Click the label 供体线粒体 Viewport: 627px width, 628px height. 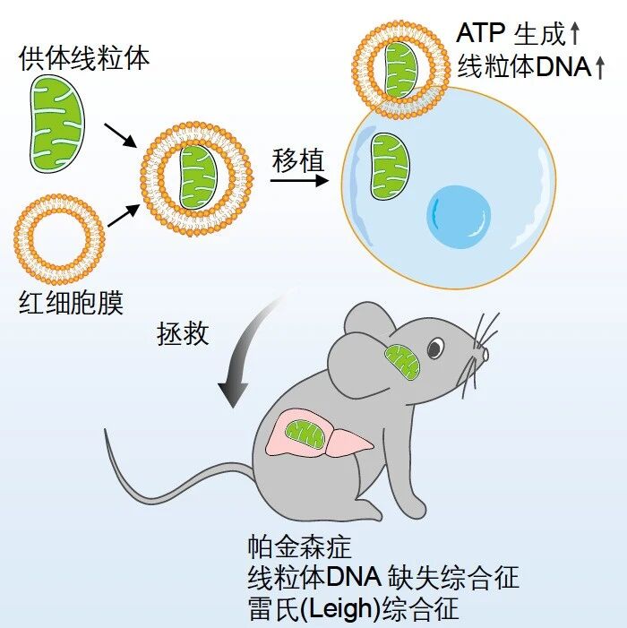tap(84, 58)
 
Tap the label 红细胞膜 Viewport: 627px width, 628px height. tap(71, 303)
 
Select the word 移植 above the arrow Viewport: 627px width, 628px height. tap(298, 161)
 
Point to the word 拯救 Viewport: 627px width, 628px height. tap(183, 333)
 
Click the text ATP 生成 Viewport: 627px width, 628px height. tap(510, 33)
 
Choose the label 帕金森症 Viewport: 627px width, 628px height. tap(300, 546)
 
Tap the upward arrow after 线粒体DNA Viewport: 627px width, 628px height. tap(599, 68)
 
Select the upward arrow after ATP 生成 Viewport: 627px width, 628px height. tap(574, 33)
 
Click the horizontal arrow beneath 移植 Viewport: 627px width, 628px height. tap(299, 181)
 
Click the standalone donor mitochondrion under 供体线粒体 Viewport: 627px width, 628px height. tap(57, 124)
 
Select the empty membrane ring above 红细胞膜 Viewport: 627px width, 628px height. tap(59, 239)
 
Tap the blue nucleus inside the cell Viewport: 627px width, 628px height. tap(459, 217)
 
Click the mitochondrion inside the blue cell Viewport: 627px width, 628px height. tap(390, 167)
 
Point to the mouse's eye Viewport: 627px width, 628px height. tap(435, 348)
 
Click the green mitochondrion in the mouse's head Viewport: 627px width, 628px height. tap(402, 363)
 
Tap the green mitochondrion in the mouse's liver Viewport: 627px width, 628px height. tap(305, 434)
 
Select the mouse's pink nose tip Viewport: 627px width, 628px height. tap(485, 355)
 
